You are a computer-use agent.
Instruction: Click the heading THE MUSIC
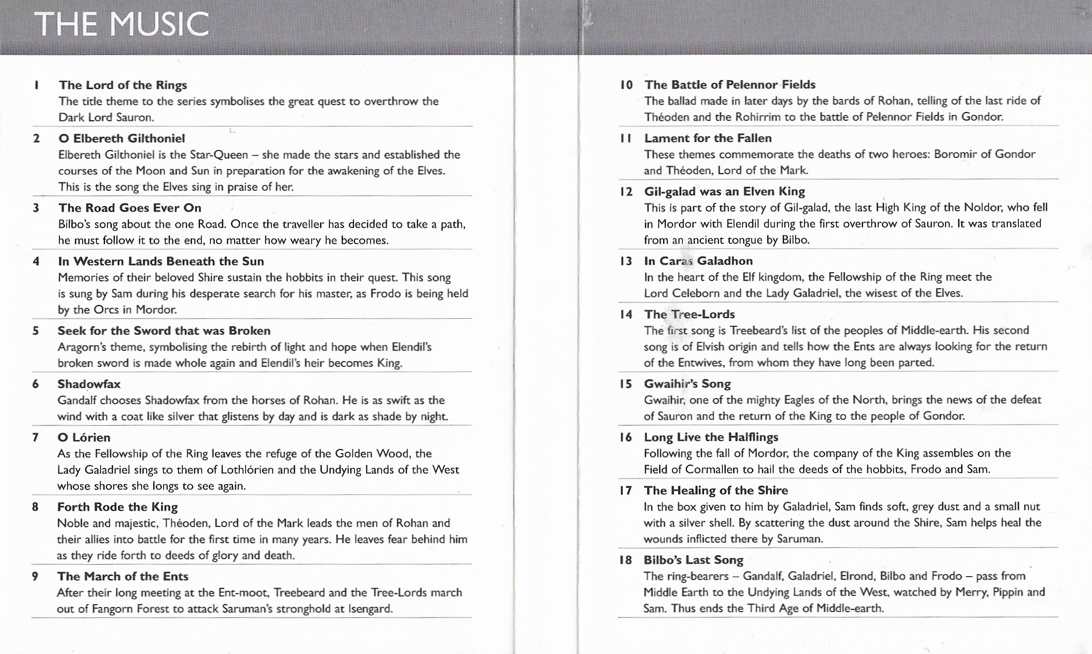point(121,24)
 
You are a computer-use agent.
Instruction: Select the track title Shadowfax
point(89,384)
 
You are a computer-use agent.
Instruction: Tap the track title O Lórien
point(84,437)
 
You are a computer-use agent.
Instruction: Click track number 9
point(35,576)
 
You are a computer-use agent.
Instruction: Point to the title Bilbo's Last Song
point(693,560)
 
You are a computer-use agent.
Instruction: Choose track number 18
point(625,560)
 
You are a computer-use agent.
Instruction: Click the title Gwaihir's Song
point(687,384)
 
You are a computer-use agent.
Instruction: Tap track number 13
point(626,261)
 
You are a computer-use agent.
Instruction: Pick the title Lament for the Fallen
point(708,138)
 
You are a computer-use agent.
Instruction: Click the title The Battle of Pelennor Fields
point(730,85)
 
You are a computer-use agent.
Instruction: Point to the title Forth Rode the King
point(117,507)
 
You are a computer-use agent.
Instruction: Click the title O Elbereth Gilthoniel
point(122,138)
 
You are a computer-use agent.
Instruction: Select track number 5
point(36,331)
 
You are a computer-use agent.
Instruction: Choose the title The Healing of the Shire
point(716,490)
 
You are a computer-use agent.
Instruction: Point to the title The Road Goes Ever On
point(130,208)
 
